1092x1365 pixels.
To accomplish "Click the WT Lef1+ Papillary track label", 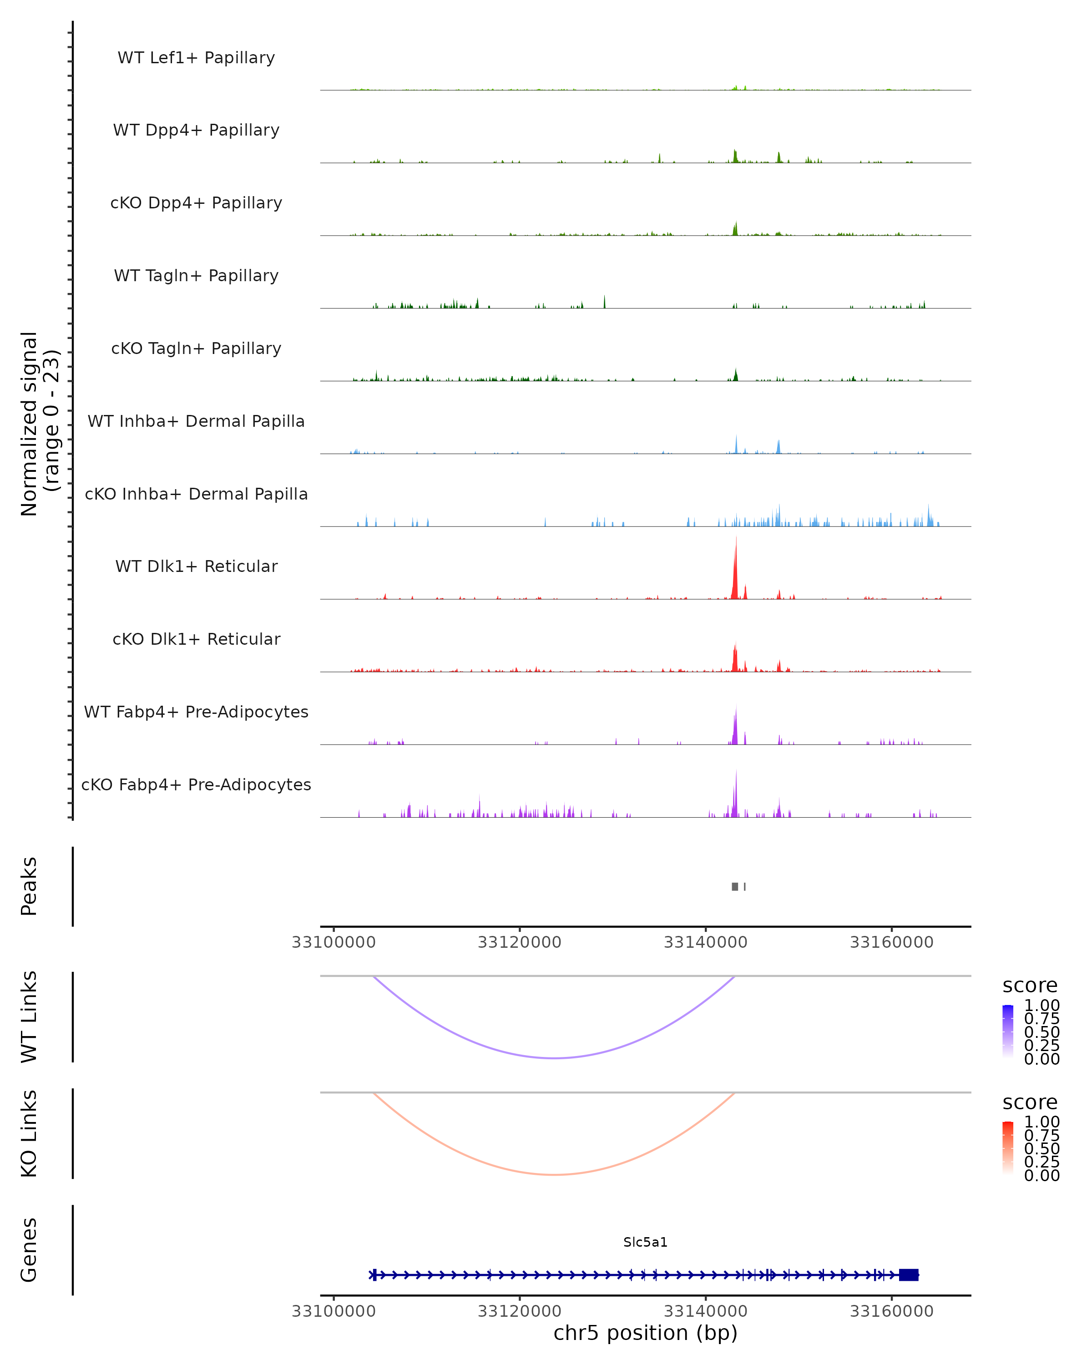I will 196,58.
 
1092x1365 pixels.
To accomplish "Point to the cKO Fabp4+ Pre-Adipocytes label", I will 196,784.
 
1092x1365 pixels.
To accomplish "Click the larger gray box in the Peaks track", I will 735,886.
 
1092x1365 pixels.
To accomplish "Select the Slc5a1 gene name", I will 645,1242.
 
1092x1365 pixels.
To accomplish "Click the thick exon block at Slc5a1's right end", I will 909,1274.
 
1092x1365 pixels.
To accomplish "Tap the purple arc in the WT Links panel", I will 555,1058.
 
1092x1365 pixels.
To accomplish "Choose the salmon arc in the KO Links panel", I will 555,1174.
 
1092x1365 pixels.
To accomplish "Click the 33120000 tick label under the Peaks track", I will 519,943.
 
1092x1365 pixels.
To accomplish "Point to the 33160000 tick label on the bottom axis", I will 891,1311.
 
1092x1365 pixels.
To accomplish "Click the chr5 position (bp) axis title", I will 645,1333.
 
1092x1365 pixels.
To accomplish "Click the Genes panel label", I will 29,1250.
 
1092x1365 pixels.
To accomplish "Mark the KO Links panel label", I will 29,1133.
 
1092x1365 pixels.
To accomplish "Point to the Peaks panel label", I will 29,886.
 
